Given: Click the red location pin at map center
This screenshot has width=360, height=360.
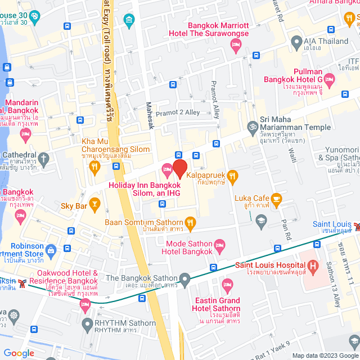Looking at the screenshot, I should (x=179, y=168).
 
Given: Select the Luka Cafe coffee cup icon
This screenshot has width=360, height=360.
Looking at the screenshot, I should (x=276, y=198).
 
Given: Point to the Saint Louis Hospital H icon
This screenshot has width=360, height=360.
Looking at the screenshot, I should (x=312, y=265).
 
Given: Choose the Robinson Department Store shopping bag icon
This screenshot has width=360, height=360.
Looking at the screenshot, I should (x=51, y=249).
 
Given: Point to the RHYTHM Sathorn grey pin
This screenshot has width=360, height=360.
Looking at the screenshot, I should (x=87, y=323).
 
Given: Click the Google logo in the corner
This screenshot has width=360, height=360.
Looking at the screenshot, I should (x=19, y=353).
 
